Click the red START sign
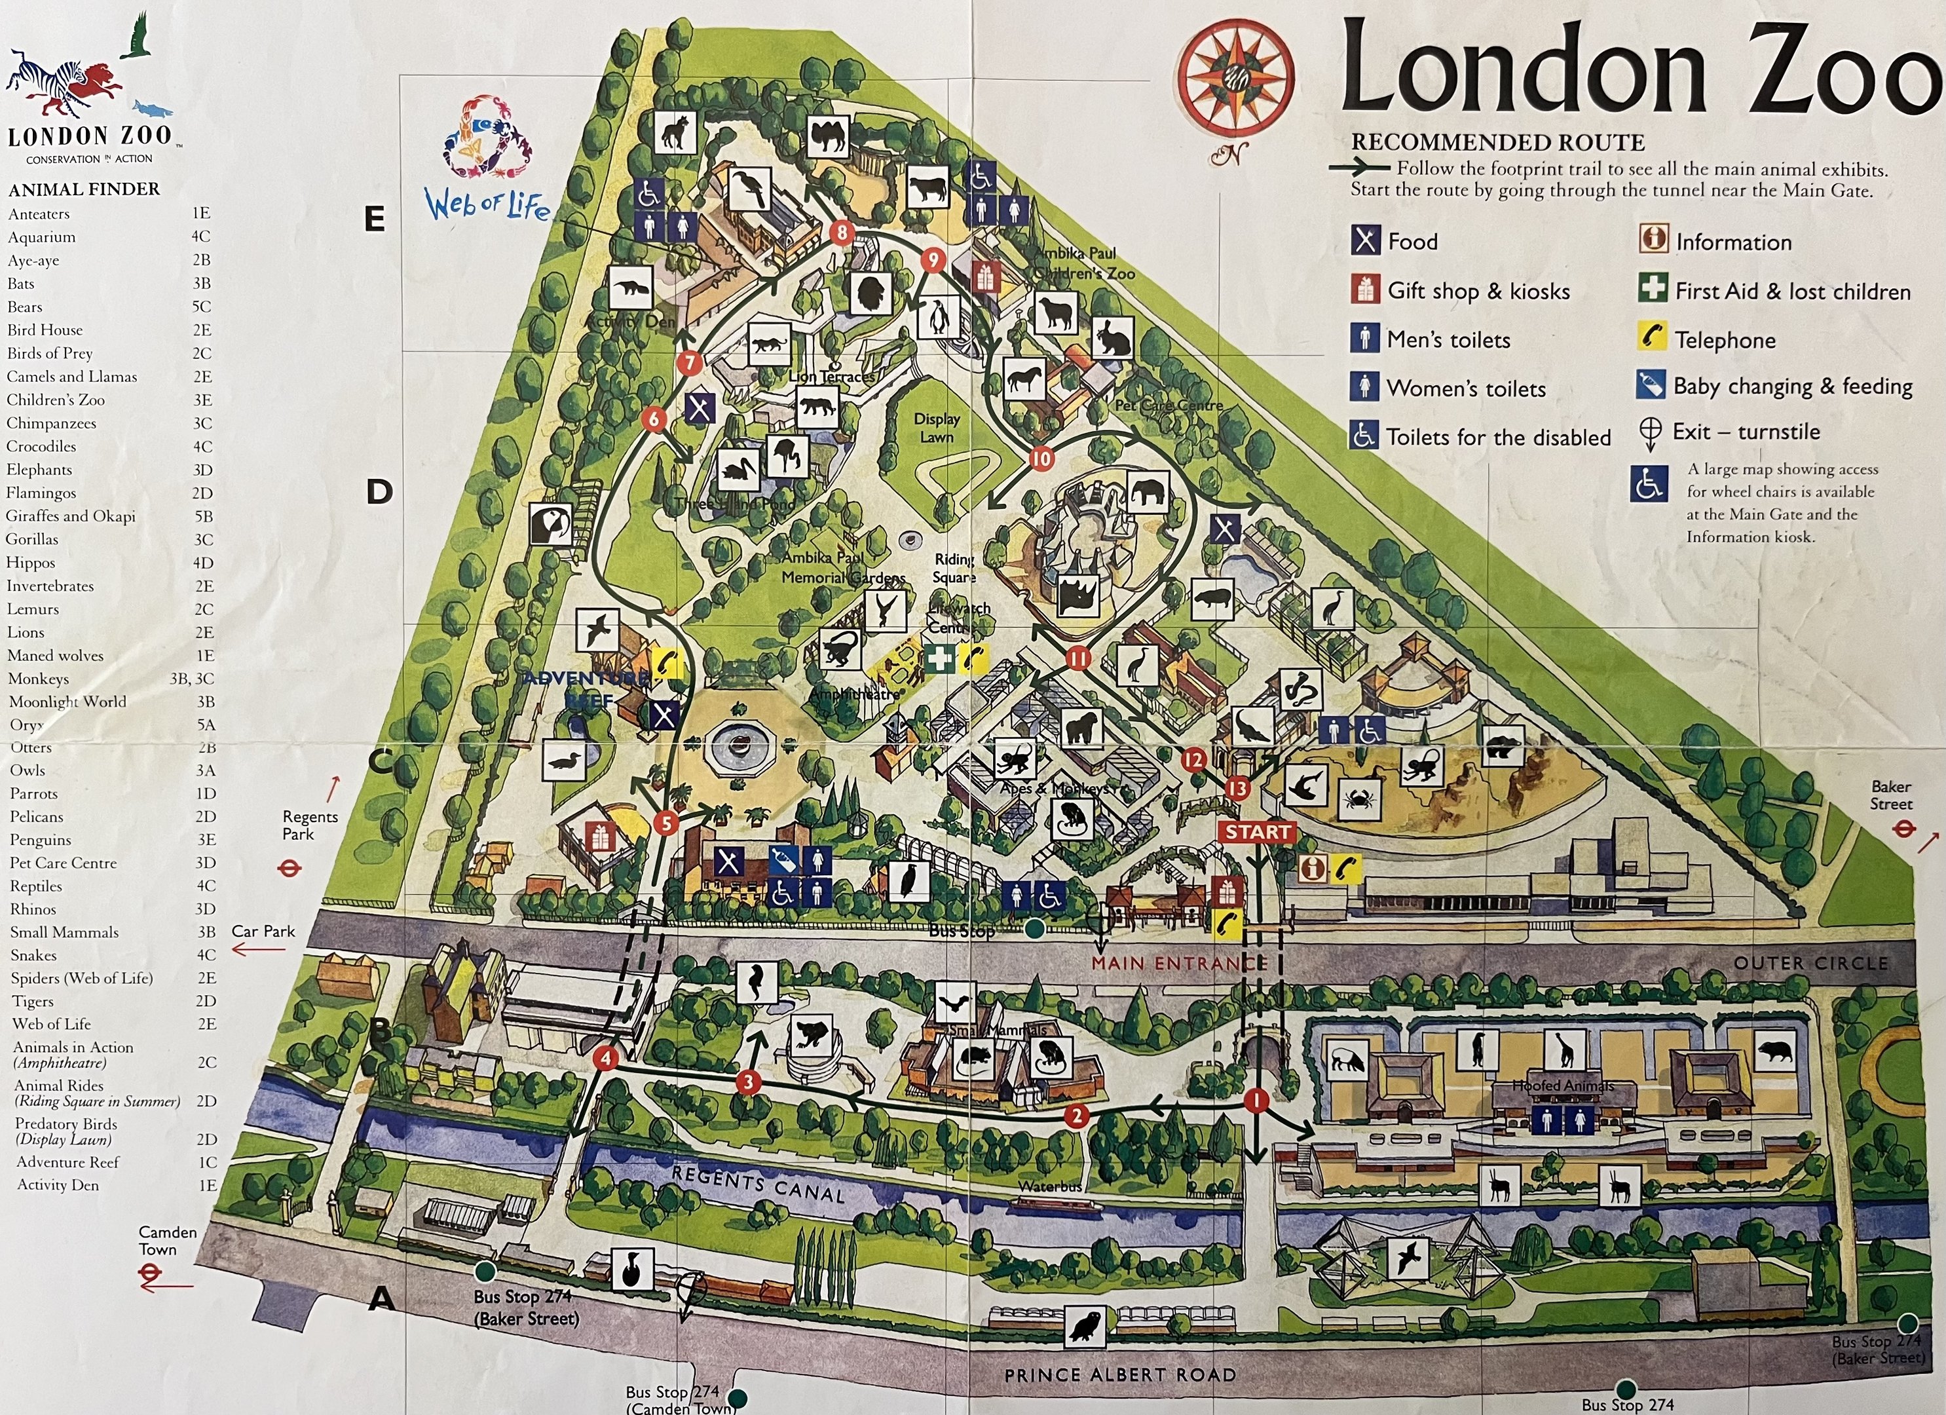[1257, 831]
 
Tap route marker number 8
[842, 232]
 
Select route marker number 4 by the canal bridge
[607, 1058]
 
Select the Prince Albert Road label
[1120, 1374]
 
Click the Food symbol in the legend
[1366, 241]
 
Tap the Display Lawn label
[936, 427]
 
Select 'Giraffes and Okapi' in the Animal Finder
[71, 516]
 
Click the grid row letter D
[379, 492]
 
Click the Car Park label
[263, 931]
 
